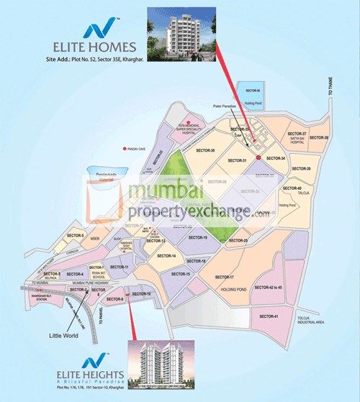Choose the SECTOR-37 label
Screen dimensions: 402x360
(x=297, y=134)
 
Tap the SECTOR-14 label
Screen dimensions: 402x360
(x=168, y=256)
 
